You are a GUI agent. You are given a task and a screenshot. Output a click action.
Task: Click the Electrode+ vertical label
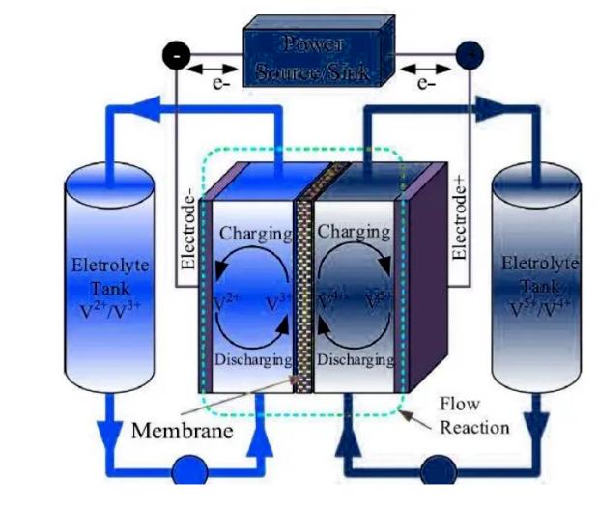pyautogui.click(x=460, y=217)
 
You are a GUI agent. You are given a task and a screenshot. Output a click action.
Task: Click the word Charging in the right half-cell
pyautogui.click(x=354, y=233)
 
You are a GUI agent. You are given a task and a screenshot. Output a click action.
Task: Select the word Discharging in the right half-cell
pyautogui.click(x=354, y=359)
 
